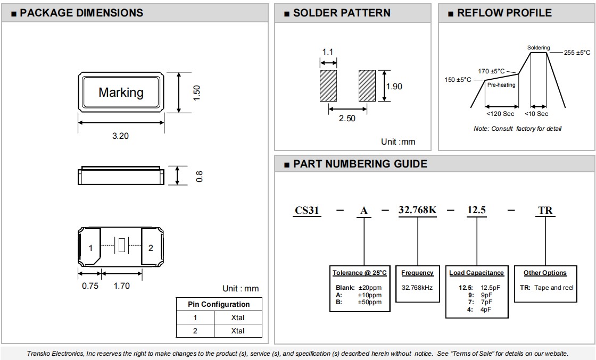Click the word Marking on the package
point(121,93)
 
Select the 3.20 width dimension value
point(120,136)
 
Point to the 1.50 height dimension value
point(196,93)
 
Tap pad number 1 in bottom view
point(90,248)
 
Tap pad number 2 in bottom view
point(151,248)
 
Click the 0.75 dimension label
point(90,286)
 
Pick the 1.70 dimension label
point(122,286)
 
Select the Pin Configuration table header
point(219,304)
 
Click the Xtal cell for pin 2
point(237,331)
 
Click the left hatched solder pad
point(328,86)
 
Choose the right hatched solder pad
point(367,86)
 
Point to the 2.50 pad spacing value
point(347,119)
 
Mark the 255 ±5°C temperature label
point(577,53)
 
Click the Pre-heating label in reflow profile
point(501,85)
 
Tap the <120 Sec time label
point(500,114)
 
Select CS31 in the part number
point(307,211)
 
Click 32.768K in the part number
point(417,210)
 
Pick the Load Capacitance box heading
point(476,273)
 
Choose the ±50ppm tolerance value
point(370,302)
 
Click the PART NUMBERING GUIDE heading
point(360,164)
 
